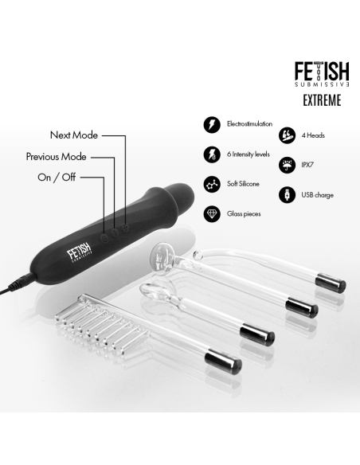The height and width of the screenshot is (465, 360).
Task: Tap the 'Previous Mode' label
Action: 56,156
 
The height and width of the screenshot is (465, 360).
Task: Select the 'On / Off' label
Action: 57,176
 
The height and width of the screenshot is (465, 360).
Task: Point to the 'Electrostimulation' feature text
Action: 250,125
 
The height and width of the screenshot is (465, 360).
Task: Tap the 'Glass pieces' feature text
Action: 245,213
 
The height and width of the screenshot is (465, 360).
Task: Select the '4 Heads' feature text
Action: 314,135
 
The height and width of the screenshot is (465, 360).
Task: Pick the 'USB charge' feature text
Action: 317,194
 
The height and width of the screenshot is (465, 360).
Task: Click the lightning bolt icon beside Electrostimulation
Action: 212,125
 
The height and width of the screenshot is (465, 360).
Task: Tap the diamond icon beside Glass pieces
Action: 212,213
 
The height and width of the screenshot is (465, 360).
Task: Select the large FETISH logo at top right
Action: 323,72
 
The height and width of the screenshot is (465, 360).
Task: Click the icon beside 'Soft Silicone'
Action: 212,184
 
